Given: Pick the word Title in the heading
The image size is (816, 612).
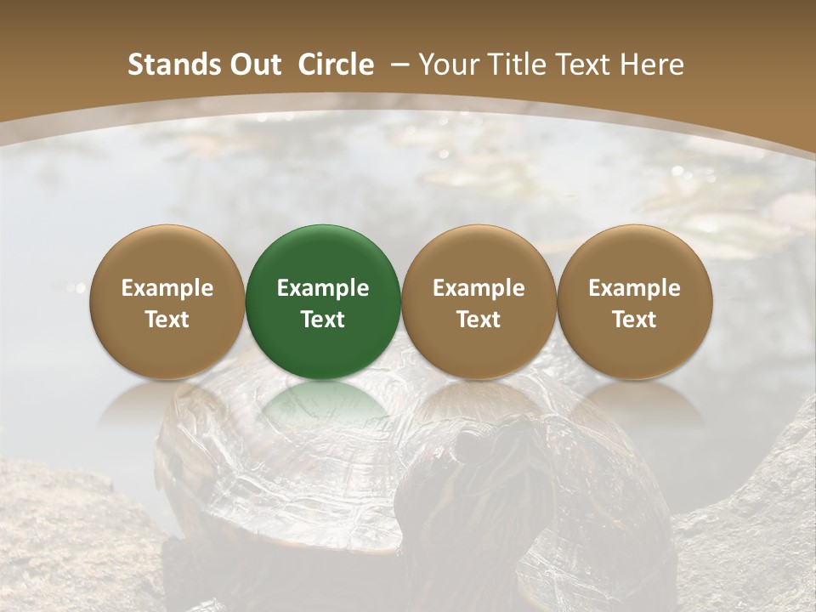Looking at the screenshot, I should pos(518,65).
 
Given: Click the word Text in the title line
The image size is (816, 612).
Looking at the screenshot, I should pos(585,65).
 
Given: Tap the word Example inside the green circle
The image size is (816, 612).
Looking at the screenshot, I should pos(323,288).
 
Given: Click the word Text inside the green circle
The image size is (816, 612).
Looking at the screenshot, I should pos(323,320).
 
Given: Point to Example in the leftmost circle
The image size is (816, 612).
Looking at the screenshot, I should pos(167,288).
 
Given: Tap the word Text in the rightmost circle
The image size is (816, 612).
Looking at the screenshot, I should pos(634,320).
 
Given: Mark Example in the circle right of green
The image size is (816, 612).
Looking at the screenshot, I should pos(479,288).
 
